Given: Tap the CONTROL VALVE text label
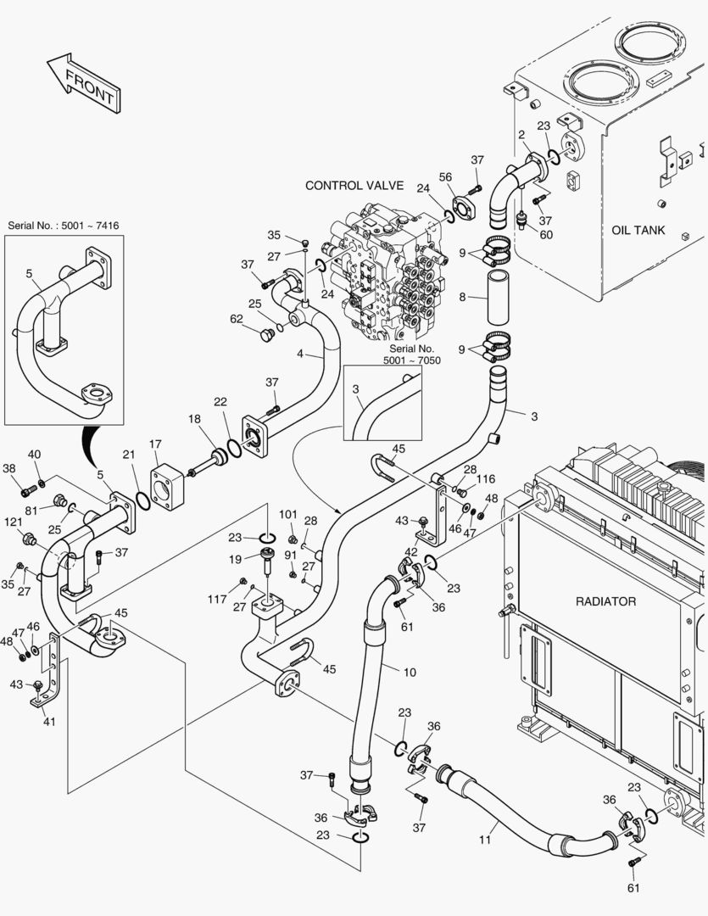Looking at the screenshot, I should pos(354,185).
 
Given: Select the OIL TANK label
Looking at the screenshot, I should pos(638,230).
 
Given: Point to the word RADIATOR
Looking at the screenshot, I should pos(605,601).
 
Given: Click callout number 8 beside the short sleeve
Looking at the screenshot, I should pos(462,297).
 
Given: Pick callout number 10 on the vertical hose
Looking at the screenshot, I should pos(410,673).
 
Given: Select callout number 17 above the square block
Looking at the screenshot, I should pos(155,444).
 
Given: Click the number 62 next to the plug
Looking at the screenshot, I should pos(237,319).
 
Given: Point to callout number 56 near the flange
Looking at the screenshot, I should pos(445,176).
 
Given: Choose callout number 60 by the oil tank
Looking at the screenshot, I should pos(545,235).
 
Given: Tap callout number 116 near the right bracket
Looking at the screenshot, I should pos(484,480).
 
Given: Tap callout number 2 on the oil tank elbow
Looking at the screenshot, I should pos(521,134).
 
